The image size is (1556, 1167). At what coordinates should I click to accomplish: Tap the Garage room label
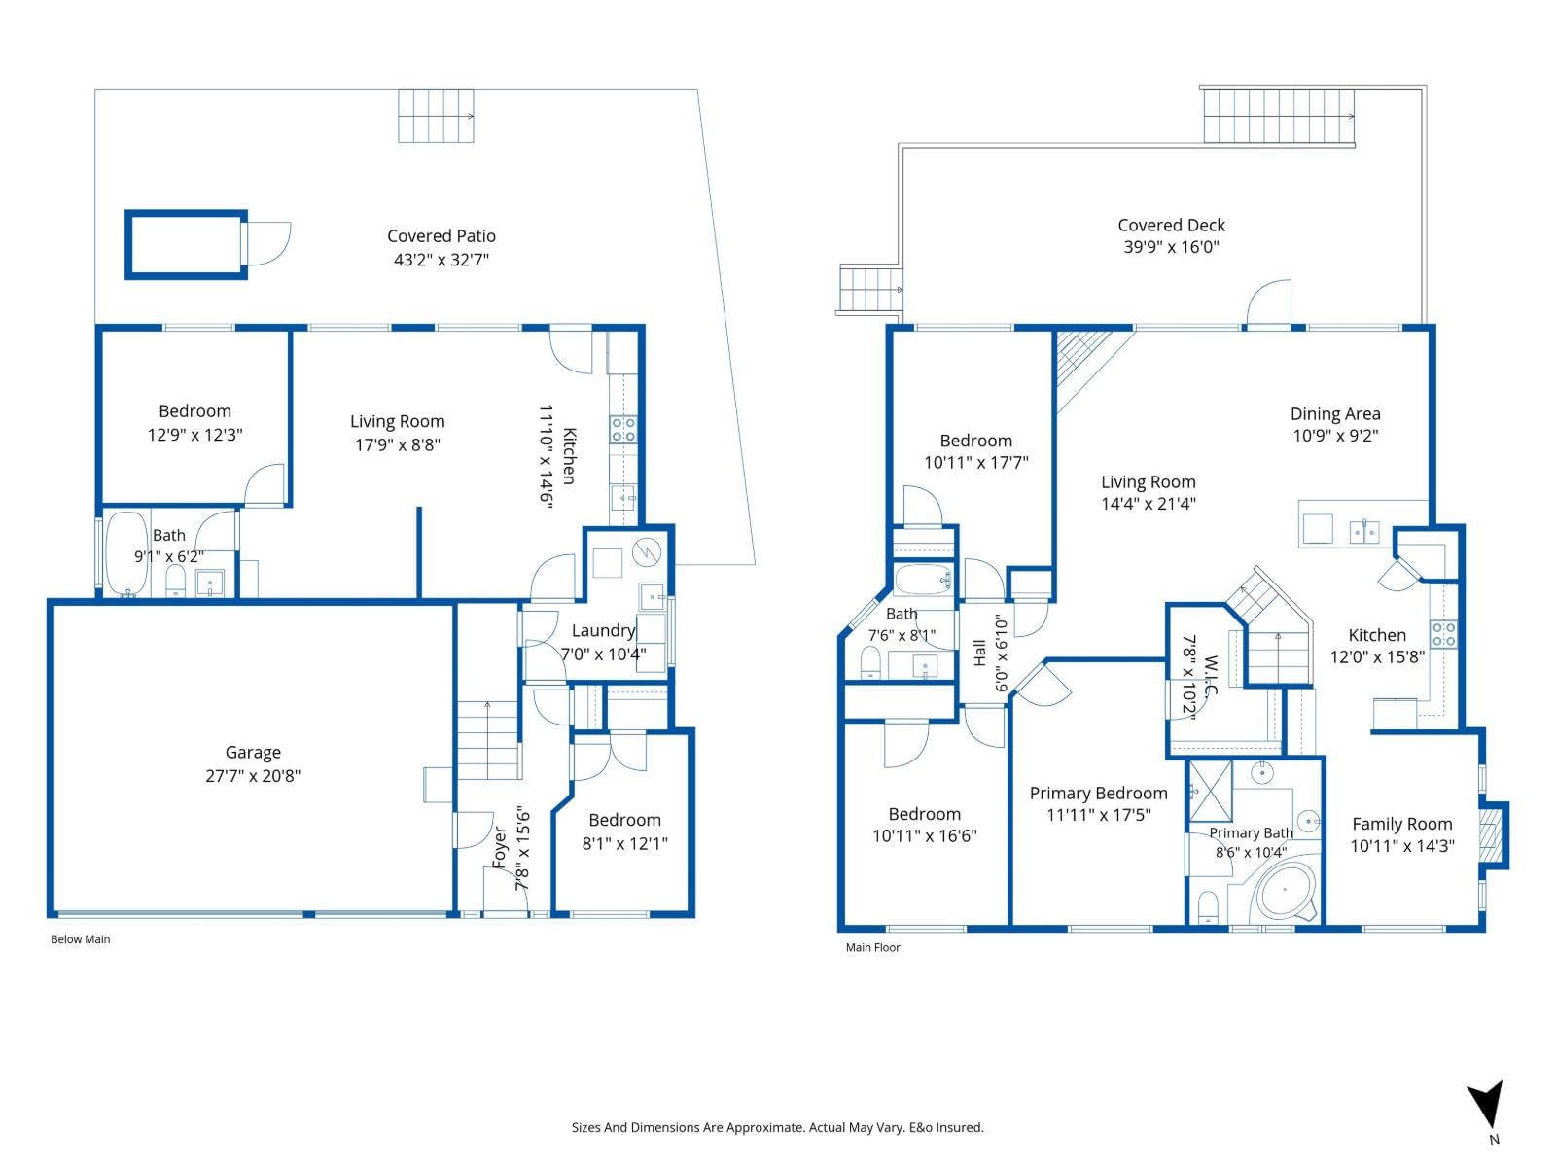click(253, 753)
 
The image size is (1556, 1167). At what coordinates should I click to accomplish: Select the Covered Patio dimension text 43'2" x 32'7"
click(441, 260)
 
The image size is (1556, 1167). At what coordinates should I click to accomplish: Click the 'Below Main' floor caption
click(80, 938)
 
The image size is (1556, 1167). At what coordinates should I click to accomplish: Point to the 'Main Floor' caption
click(872, 947)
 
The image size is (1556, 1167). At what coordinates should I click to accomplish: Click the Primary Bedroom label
click(1098, 793)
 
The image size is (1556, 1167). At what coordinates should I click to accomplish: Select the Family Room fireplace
click(1492, 835)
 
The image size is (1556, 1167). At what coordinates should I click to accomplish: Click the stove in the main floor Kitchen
click(1442, 634)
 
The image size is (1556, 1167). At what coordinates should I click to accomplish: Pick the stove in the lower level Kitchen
click(622, 430)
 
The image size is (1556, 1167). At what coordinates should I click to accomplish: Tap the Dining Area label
click(1335, 414)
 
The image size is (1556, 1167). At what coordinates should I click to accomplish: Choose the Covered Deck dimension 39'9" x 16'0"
click(1171, 247)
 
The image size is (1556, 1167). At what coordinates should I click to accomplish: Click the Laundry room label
click(603, 630)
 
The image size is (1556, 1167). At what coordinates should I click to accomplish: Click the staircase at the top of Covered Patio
click(436, 116)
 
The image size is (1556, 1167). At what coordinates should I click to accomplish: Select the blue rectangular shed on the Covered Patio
click(187, 244)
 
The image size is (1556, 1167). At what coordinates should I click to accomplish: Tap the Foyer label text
click(500, 847)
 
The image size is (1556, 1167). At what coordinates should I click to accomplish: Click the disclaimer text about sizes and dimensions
click(778, 1127)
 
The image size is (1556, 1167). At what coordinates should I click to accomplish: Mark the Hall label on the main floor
click(979, 653)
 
